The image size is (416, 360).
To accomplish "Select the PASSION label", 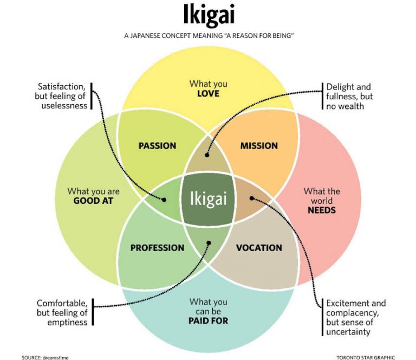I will click(x=157, y=146).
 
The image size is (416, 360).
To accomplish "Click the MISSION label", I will click(x=259, y=146).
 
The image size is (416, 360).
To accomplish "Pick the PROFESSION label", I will click(x=157, y=248).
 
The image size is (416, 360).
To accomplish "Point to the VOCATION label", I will click(x=259, y=248).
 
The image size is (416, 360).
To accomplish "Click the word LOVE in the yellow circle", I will click(x=209, y=94).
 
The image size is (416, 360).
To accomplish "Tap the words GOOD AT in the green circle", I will click(x=93, y=201).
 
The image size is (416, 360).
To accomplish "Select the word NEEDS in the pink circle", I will click(x=322, y=210).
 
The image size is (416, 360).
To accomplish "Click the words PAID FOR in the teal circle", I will click(x=209, y=320).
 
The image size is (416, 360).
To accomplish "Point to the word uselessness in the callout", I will click(x=64, y=106).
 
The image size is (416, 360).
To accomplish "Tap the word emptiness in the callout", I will click(x=64, y=322).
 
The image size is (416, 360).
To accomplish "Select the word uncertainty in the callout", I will click(x=348, y=332).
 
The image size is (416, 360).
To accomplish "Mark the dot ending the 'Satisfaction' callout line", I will click(x=164, y=199).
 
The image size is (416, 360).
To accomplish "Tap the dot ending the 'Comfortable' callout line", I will click(x=207, y=244).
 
